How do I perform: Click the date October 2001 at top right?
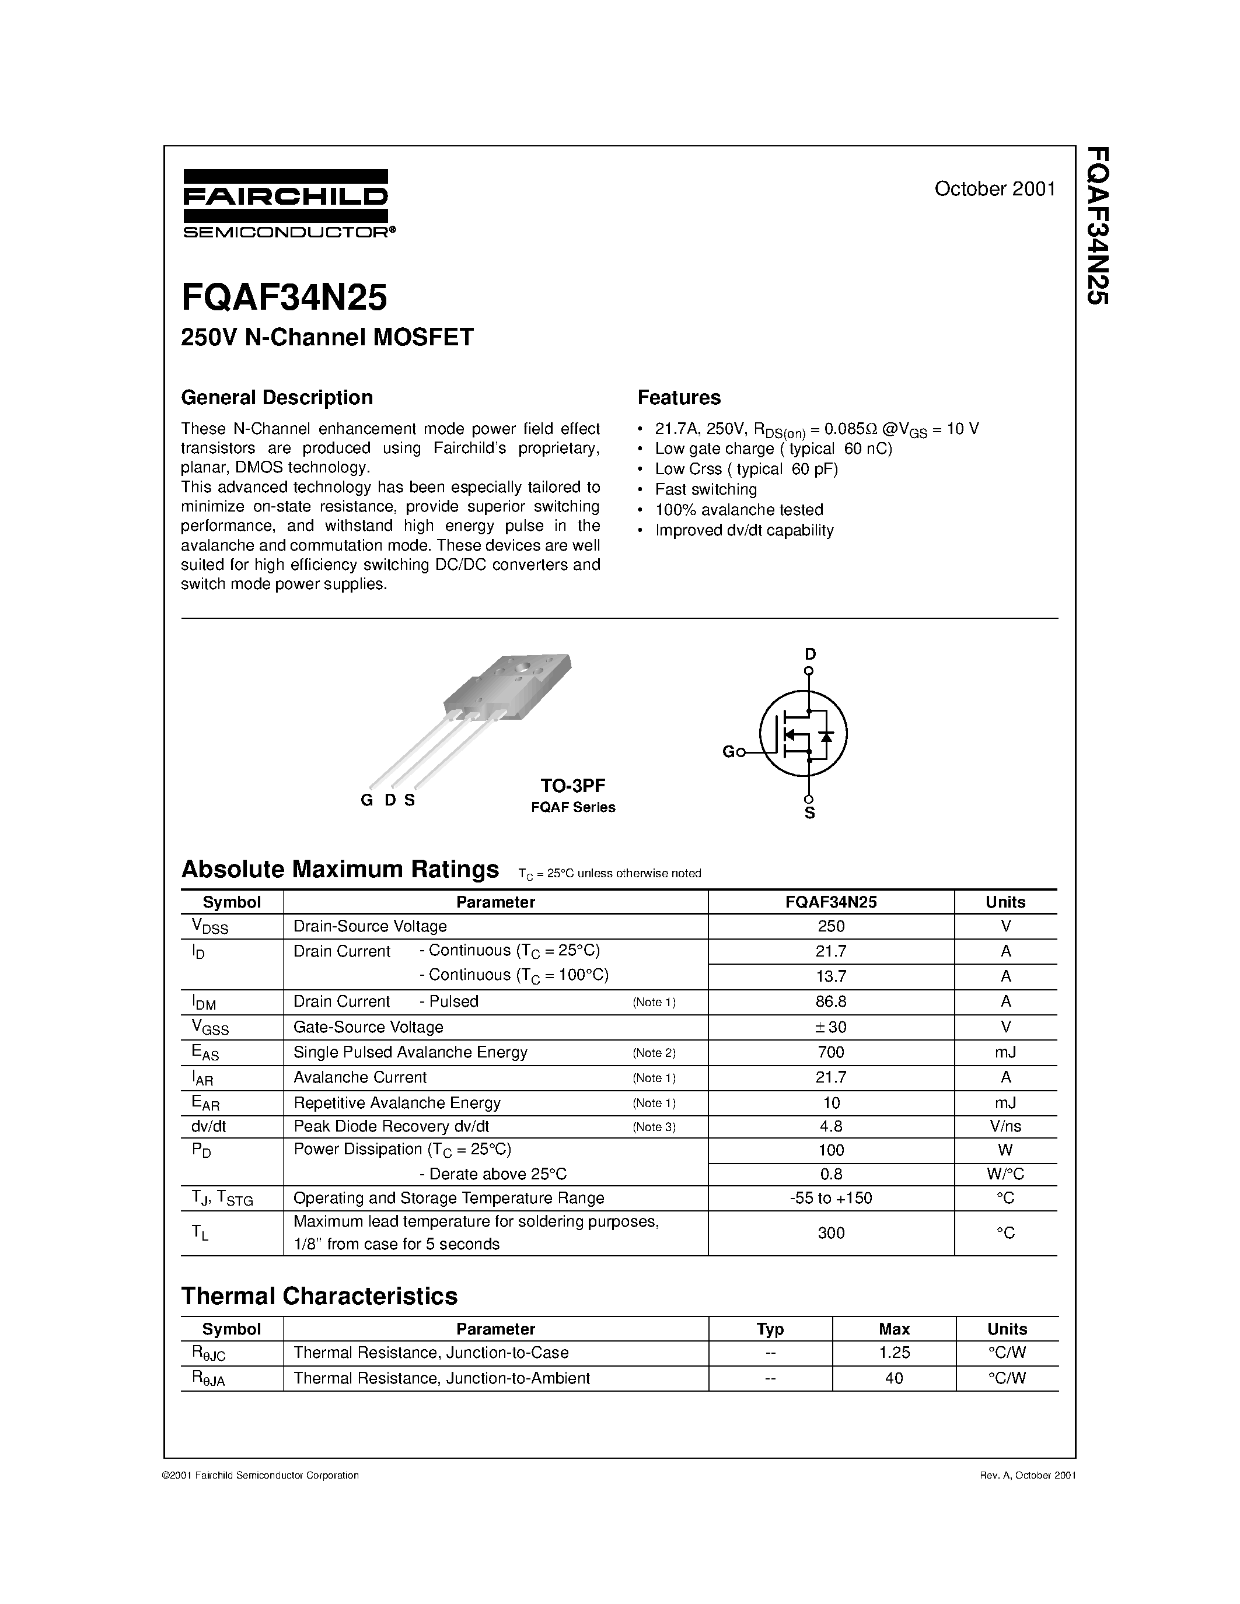995,189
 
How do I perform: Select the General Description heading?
277,397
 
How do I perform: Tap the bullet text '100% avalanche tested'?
739,510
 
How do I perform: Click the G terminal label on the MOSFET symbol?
728,751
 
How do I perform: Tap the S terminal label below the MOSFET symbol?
809,813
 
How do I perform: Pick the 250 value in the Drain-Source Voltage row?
831,926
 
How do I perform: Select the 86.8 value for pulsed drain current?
831,1001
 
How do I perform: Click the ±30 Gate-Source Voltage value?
831,1027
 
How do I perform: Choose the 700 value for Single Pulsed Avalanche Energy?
831,1052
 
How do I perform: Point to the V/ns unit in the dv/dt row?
1005,1127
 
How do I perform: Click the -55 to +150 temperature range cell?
831,1198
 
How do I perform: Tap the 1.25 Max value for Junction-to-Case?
894,1352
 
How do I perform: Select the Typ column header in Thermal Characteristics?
770,1329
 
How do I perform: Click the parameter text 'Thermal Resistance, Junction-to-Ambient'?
442,1378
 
